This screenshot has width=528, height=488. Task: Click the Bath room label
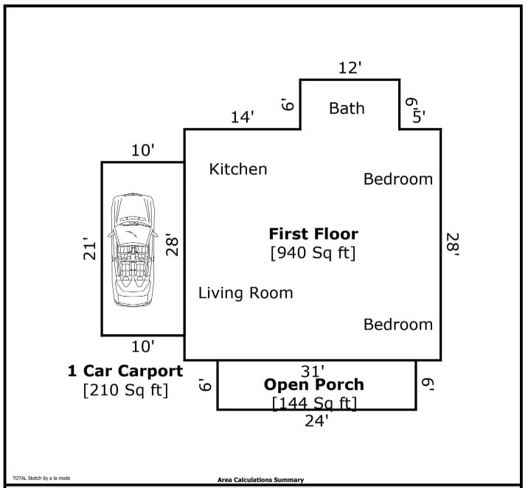347,108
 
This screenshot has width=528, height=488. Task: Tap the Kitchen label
238,169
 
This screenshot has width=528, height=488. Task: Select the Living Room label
246,293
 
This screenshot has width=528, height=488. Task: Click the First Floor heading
313,234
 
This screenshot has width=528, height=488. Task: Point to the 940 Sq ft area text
313,252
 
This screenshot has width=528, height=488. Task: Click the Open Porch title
314,384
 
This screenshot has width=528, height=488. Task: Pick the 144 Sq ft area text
314,403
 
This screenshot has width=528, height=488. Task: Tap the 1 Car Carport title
125,371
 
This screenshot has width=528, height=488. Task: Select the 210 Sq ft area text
125,390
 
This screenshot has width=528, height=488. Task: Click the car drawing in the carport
133,250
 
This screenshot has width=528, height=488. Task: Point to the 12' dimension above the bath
350,68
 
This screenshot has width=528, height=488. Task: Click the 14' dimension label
242,117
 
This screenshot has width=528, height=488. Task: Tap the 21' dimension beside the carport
89,249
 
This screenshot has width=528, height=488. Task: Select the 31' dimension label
313,372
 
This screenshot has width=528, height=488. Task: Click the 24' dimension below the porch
316,421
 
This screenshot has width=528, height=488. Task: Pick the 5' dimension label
419,117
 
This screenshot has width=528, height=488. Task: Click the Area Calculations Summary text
260,480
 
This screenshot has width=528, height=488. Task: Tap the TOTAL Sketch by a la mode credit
41,478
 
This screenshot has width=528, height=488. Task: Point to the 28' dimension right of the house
453,244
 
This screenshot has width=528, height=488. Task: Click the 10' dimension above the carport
143,150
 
